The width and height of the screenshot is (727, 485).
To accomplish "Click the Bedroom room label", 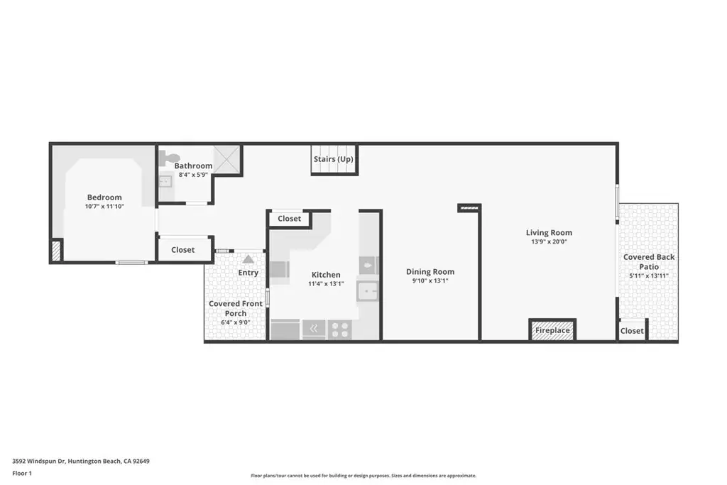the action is pos(104,197).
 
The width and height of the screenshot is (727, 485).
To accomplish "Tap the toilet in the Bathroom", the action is pos(166,158).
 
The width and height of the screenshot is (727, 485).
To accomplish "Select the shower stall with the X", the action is pos(227,160).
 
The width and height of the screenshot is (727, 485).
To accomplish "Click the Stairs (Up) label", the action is pos(334,159).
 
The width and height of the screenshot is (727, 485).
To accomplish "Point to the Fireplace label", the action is pos(552,331).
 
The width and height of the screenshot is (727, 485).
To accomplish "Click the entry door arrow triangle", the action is pos(248,259).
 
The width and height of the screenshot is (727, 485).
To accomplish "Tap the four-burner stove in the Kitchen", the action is pos(340,329).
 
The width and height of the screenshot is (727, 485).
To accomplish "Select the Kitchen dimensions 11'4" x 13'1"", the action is pos(326,284).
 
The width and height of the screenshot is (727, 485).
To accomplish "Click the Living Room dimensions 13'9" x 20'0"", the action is pos(549,241).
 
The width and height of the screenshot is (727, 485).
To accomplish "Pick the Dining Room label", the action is pos(430,272).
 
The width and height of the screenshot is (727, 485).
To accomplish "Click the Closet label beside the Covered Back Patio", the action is pos(632,331).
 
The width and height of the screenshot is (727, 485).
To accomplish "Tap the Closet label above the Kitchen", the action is pos(290,219).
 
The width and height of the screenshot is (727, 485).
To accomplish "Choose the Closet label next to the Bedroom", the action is pos(182,249).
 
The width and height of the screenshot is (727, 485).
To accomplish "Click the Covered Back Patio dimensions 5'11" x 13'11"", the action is pos(649,276).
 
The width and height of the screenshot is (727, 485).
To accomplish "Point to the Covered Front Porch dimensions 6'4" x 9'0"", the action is pos(236,322).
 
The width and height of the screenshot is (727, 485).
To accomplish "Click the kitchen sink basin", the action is pos(367,291).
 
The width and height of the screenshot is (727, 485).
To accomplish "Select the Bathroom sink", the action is pos(165,181).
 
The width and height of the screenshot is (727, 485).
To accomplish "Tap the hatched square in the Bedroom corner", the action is pos(57,251).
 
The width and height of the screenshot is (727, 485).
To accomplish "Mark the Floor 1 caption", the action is pos(22,474).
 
